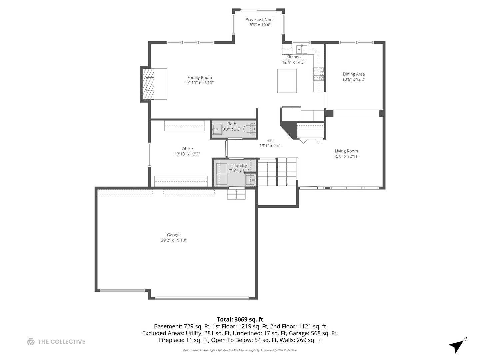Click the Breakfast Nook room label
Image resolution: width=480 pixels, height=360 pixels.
260,20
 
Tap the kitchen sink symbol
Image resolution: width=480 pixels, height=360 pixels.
302,49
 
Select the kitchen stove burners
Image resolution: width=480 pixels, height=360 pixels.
318,73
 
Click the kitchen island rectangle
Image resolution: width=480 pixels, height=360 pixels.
287,81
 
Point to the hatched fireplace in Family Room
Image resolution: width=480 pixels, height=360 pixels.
148,84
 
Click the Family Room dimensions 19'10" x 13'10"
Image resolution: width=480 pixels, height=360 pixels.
200,83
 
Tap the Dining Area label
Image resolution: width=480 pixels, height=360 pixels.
354,74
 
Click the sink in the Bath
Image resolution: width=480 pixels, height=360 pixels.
217,129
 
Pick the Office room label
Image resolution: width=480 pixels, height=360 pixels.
187,149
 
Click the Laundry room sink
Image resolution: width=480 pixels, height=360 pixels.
250,180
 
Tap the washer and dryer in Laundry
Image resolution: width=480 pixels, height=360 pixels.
222,174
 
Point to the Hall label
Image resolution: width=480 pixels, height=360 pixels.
270,141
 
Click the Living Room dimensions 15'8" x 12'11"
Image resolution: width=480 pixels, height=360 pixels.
346,156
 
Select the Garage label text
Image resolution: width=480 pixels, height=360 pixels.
174,235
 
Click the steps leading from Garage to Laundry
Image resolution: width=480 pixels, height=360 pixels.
236,194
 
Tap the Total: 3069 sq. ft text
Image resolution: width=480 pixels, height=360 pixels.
240,320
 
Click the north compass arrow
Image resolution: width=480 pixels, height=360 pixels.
458,346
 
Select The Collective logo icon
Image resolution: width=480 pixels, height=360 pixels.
31,342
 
